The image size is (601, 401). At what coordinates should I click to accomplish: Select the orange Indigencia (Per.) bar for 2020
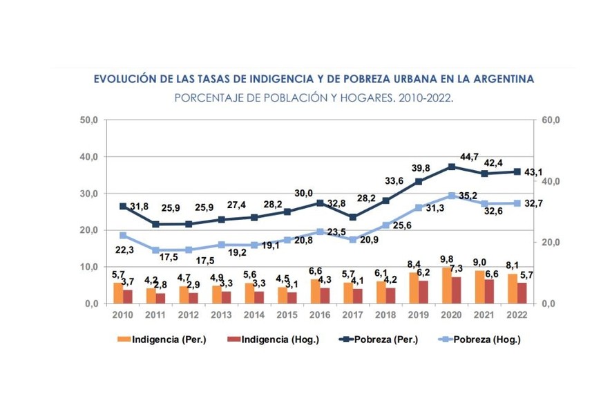[x=447, y=286]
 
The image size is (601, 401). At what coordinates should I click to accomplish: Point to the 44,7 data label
[x=470, y=157]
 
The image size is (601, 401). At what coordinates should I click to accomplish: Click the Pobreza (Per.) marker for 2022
[x=517, y=171]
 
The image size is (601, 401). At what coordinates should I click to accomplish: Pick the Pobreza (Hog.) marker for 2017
[x=353, y=239]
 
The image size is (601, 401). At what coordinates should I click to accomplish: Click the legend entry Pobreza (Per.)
[x=383, y=339]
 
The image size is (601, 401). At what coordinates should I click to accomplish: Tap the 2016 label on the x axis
[x=319, y=315]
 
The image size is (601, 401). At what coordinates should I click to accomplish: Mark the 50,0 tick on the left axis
[x=91, y=120]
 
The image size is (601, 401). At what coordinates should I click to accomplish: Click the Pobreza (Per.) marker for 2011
[x=156, y=224]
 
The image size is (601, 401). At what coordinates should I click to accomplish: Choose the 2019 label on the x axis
[x=418, y=315]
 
